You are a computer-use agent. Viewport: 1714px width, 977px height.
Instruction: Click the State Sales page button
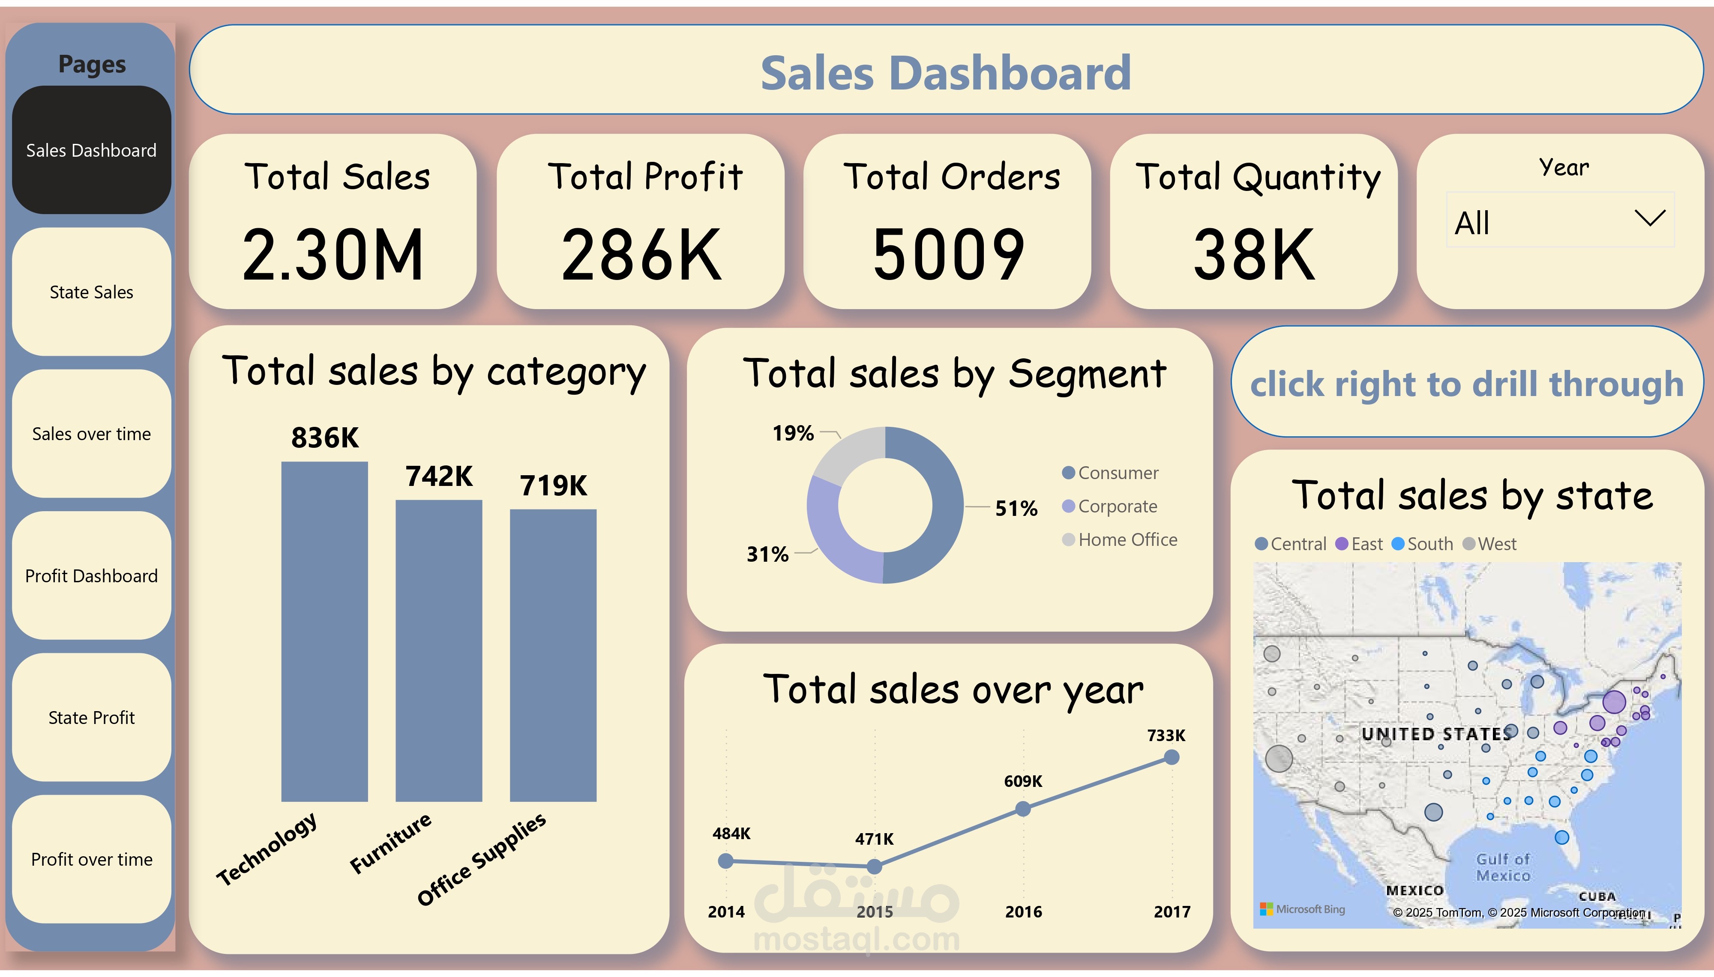coord(91,292)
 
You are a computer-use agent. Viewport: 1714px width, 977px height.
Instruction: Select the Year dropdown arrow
coord(1650,218)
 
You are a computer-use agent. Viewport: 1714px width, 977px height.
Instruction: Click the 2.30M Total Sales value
coord(333,255)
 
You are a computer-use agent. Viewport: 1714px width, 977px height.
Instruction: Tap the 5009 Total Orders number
coord(948,255)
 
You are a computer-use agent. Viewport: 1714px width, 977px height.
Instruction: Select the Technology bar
coord(324,631)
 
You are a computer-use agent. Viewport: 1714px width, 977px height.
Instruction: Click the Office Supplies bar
coord(552,654)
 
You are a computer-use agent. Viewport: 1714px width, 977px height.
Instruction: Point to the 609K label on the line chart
coord(1022,781)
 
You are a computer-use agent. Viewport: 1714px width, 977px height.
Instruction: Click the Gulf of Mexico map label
coord(1502,867)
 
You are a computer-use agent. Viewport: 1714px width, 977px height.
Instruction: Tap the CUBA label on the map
coord(1597,897)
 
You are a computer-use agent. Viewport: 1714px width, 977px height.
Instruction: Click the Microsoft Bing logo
coord(1303,909)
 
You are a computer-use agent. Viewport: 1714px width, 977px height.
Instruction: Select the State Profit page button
coord(91,717)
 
